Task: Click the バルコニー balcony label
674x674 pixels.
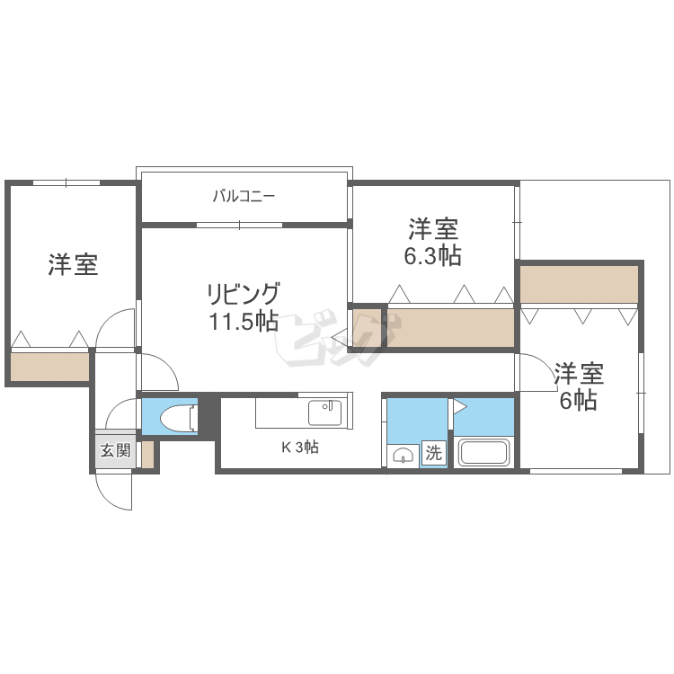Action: [244, 197]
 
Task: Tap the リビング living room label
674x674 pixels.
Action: [244, 294]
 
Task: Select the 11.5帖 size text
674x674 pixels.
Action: [244, 321]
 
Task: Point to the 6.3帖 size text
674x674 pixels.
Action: [432, 255]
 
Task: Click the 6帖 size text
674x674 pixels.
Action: [578, 400]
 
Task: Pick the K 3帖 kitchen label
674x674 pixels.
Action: [300, 448]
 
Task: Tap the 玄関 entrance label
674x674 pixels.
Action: [115, 451]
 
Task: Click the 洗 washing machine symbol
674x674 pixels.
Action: [434, 453]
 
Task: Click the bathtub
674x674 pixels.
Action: [484, 452]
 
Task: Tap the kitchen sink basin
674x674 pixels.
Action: [324, 412]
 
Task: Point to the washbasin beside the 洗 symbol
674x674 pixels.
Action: [403, 456]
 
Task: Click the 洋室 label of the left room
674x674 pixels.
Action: [73, 265]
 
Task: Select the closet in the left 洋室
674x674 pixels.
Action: [49, 367]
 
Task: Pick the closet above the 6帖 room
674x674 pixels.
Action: [579, 284]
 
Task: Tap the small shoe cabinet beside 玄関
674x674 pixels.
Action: [147, 455]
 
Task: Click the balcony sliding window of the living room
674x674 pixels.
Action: [239, 225]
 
